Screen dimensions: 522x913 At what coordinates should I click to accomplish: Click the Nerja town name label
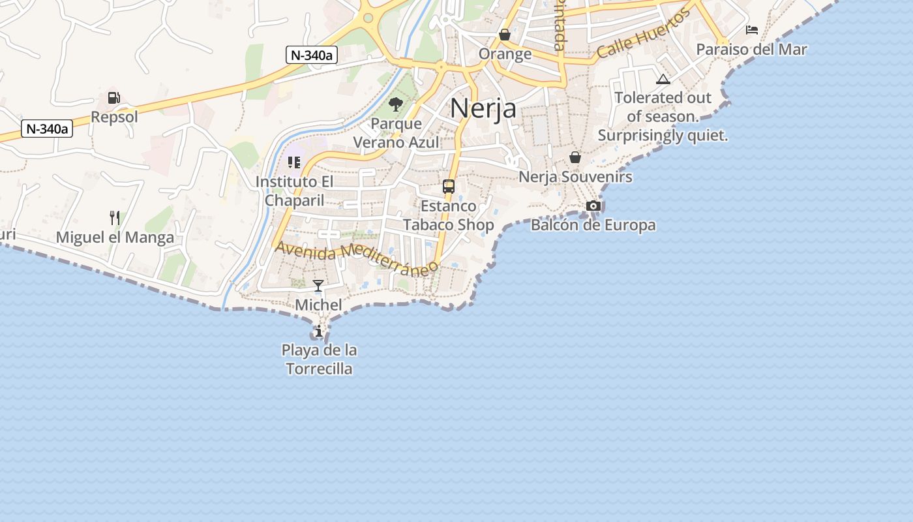(x=483, y=108)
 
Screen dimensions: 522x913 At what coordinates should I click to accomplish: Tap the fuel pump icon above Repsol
(x=114, y=98)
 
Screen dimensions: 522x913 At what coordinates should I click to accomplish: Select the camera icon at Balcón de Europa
(x=593, y=206)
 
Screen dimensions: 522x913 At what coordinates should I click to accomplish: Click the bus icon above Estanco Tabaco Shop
(x=449, y=187)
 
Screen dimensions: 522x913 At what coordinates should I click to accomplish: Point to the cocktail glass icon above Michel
(x=318, y=286)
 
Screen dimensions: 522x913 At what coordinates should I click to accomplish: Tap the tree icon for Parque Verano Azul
(x=395, y=104)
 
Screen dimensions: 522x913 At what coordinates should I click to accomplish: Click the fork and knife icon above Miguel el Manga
(x=115, y=217)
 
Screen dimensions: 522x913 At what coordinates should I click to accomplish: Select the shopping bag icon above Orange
(x=505, y=35)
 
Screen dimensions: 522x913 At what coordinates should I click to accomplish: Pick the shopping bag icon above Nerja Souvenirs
(x=575, y=157)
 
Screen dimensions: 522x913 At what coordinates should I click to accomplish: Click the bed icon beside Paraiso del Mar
(x=751, y=30)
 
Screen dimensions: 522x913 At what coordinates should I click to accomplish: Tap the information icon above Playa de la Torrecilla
(x=319, y=331)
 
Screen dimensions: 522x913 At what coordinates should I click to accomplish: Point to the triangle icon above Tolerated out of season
(x=663, y=80)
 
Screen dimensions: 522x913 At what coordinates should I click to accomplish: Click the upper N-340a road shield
(x=311, y=55)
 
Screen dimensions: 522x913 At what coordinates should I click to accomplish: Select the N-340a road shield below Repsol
(x=46, y=129)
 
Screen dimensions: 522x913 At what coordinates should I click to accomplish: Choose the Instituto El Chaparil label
(x=294, y=191)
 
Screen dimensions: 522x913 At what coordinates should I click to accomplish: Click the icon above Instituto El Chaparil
(x=294, y=162)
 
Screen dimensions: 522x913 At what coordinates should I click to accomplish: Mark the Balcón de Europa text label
(x=593, y=226)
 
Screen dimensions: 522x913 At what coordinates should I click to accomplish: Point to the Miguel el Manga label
(x=115, y=238)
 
